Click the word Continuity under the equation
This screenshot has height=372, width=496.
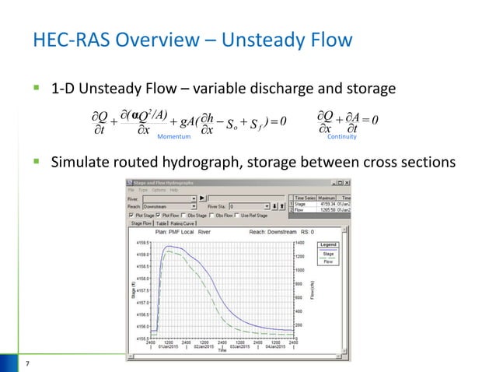tap(341, 135)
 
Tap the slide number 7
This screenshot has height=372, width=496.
tap(26, 363)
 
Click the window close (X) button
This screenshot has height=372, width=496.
tap(347, 182)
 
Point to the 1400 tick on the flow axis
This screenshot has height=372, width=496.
tap(299, 243)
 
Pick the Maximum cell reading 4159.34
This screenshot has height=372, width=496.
tap(319, 203)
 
